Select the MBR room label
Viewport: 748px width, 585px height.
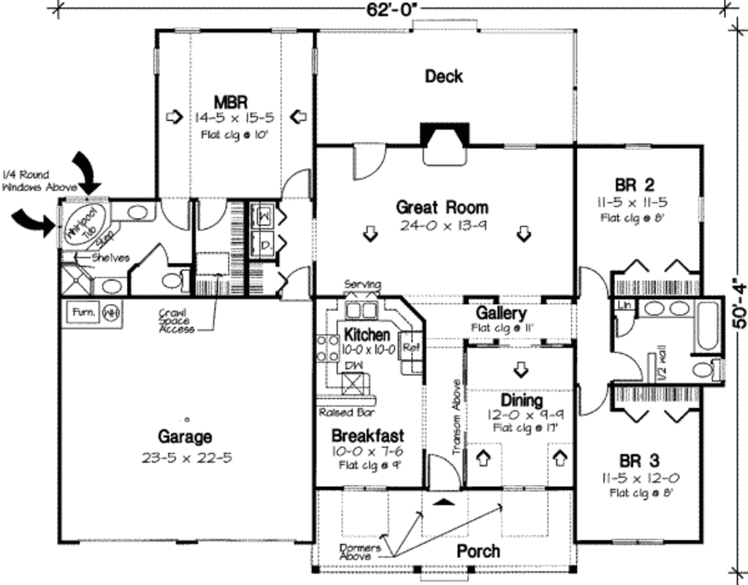[x=229, y=100]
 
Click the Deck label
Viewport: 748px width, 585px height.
[x=443, y=76]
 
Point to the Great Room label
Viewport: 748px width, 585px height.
[x=442, y=207]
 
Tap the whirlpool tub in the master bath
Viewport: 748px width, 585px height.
[x=83, y=223]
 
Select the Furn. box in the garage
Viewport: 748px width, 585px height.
[x=83, y=312]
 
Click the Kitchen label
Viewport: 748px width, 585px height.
[x=367, y=335]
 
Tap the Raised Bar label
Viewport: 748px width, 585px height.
[x=347, y=412]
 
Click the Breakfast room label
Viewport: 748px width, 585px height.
[x=367, y=435]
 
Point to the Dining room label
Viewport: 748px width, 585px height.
[x=521, y=401]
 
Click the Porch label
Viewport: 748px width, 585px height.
[x=478, y=551]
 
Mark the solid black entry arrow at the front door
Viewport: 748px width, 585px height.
[x=443, y=502]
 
